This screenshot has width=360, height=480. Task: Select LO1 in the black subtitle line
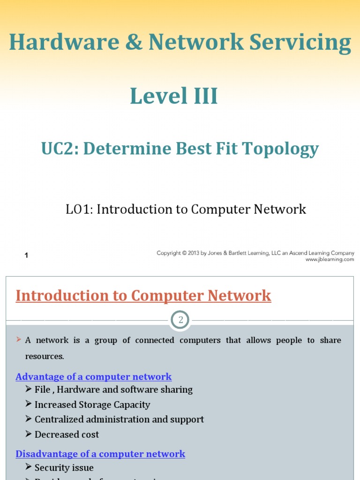point(79,209)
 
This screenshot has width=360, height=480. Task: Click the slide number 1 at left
point(27,255)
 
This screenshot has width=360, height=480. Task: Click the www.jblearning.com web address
point(330,259)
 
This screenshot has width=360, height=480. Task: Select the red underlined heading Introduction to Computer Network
point(143,296)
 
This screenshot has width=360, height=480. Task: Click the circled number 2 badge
point(180,321)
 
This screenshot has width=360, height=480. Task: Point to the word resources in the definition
point(45,356)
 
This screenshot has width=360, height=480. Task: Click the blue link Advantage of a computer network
point(94,377)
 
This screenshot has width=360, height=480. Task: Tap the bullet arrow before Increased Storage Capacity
point(29,404)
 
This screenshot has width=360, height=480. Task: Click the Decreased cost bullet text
point(67,435)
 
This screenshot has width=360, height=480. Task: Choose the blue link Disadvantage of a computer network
point(100,454)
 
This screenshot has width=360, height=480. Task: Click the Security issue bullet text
point(64,468)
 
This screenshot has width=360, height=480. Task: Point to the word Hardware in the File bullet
point(76,390)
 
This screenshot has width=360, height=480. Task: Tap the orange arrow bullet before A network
point(19,339)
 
